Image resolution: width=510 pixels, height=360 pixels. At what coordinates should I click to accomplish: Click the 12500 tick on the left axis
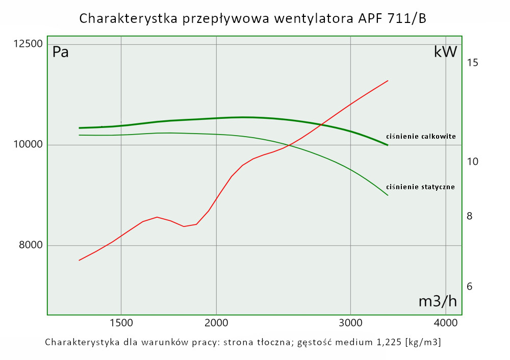coord(28,44)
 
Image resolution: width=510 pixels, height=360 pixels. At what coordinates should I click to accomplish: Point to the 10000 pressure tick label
coord(28,145)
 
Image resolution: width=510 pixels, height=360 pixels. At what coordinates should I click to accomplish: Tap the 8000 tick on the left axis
coord(31,245)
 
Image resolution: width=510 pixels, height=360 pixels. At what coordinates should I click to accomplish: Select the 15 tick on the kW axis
coord(472,63)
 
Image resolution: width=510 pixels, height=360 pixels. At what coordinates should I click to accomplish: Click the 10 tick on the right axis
coord(472,161)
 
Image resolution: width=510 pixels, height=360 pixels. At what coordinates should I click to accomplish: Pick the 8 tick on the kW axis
coord(470,216)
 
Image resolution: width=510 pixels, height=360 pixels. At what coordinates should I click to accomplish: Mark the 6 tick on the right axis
coord(470,287)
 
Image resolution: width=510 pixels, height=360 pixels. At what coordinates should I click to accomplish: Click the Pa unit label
coord(61,52)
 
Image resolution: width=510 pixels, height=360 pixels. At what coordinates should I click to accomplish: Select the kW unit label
coord(445,52)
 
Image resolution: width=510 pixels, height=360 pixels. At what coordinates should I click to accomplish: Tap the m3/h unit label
coord(438,301)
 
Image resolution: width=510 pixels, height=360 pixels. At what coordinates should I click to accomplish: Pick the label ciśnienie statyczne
coord(421,187)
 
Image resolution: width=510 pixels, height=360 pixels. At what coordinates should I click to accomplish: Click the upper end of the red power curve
coord(388,81)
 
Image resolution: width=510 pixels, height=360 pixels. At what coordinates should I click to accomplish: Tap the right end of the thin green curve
coord(388,195)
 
